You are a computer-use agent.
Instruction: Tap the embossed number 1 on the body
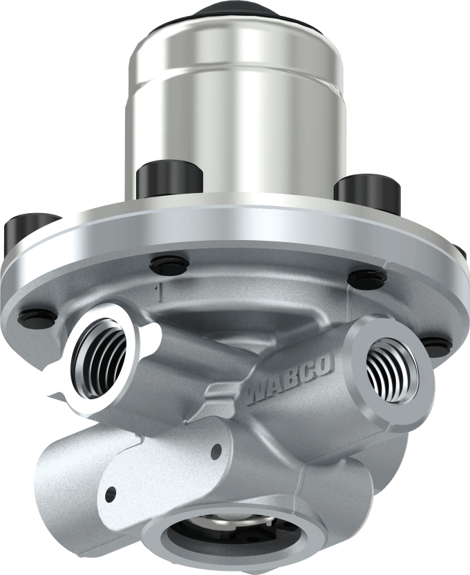click(x=160, y=293)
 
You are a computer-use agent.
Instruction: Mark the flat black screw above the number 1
click(x=169, y=264)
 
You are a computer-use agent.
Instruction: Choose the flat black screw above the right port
click(x=366, y=279)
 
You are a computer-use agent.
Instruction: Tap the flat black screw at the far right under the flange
click(x=435, y=344)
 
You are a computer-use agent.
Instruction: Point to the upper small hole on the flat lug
click(x=216, y=451)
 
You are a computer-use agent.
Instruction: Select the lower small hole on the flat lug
click(x=110, y=493)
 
